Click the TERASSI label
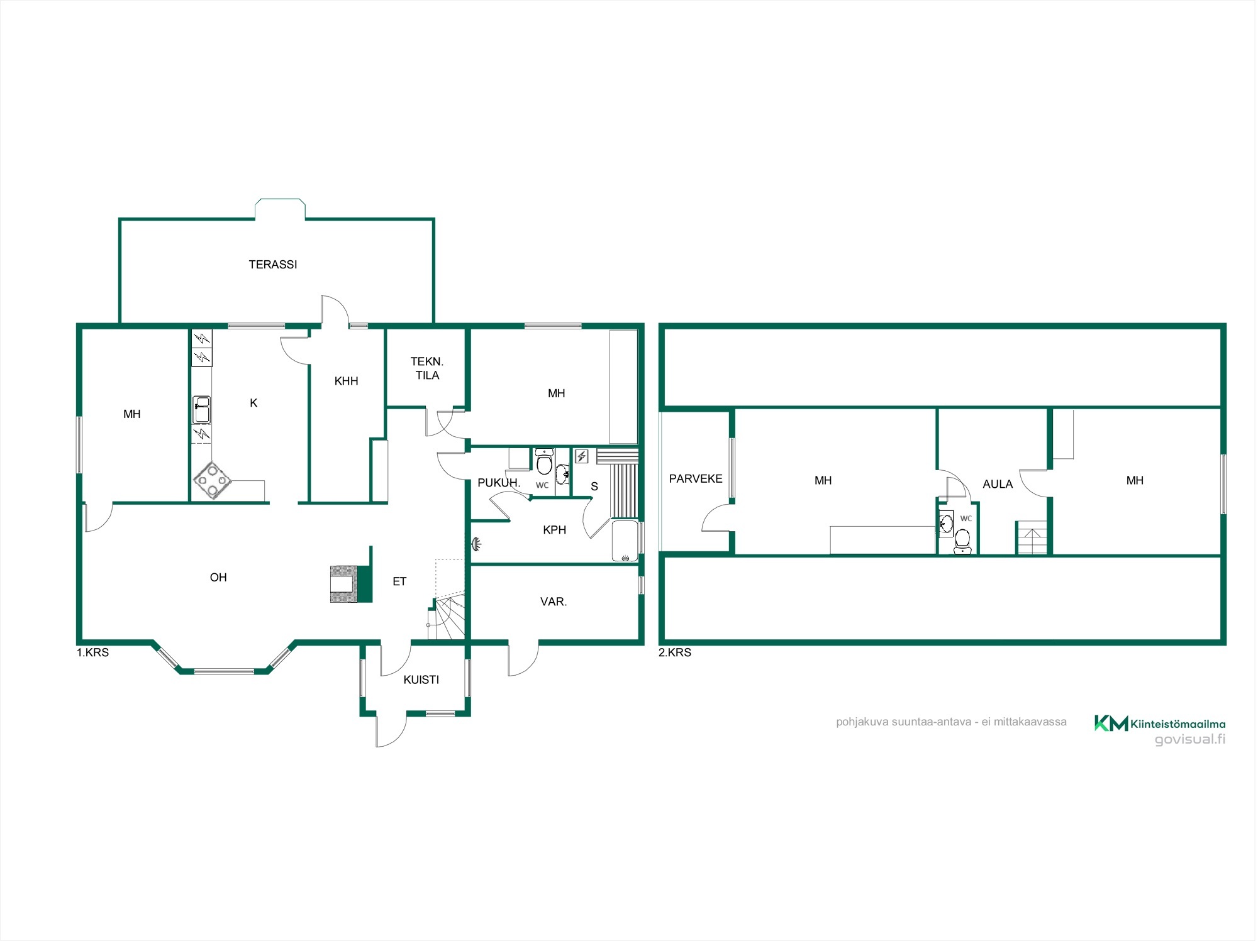(x=273, y=265)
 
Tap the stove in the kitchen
(x=212, y=481)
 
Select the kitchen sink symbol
(x=201, y=409)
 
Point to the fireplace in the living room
(x=351, y=584)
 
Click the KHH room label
(x=347, y=381)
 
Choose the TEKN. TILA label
(x=427, y=368)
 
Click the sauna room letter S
(x=594, y=487)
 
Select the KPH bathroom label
(x=555, y=530)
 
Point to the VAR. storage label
(x=554, y=602)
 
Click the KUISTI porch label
(x=421, y=680)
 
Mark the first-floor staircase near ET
(x=447, y=618)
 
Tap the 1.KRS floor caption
(x=93, y=652)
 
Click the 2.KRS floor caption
(x=675, y=652)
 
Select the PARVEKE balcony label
(x=696, y=479)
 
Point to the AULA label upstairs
(x=998, y=484)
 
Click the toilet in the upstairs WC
(x=962, y=541)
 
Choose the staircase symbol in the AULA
(x=1032, y=538)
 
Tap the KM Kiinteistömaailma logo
(x=1160, y=724)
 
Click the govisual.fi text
(x=1190, y=739)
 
